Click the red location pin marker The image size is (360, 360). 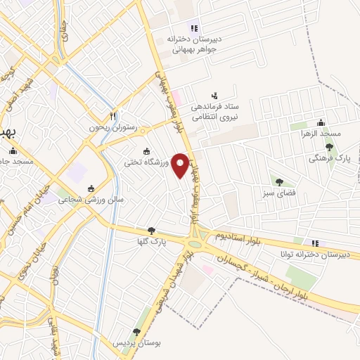pos(181,165)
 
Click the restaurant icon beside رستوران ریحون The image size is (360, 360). pos(112,115)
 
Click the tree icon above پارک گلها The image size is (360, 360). pos(151,230)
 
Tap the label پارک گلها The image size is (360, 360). pos(151,241)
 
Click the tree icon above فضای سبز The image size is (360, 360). pos(279,181)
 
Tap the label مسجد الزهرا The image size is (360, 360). pos(321,132)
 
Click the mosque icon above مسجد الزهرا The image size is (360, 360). pos(321,122)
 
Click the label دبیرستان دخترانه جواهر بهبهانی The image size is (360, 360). pos(194,44)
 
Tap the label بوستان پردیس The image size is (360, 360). pos(136,342)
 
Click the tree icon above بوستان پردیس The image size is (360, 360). pos(136,332)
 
